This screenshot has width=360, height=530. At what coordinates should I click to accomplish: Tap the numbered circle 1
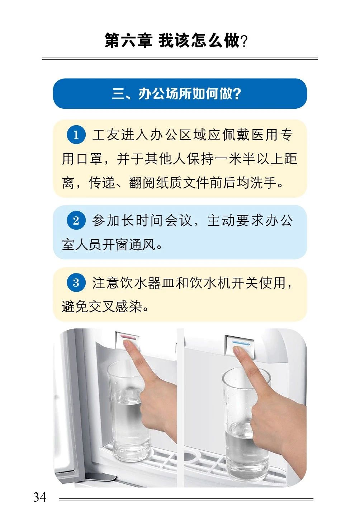[x=76, y=135]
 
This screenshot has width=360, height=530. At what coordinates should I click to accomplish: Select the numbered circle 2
[x=76, y=220]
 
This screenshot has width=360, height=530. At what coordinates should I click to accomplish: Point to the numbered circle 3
[x=76, y=282]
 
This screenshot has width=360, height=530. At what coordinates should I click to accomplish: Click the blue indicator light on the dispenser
[x=241, y=343]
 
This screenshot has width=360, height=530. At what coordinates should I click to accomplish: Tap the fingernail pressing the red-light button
[x=128, y=343]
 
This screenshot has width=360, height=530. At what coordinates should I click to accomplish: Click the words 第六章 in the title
[x=128, y=41]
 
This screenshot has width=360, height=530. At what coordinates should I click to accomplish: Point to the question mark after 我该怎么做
[x=244, y=41]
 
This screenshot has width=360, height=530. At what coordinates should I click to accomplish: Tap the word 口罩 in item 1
[x=89, y=159]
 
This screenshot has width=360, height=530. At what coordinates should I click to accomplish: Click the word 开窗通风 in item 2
[x=129, y=244]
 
